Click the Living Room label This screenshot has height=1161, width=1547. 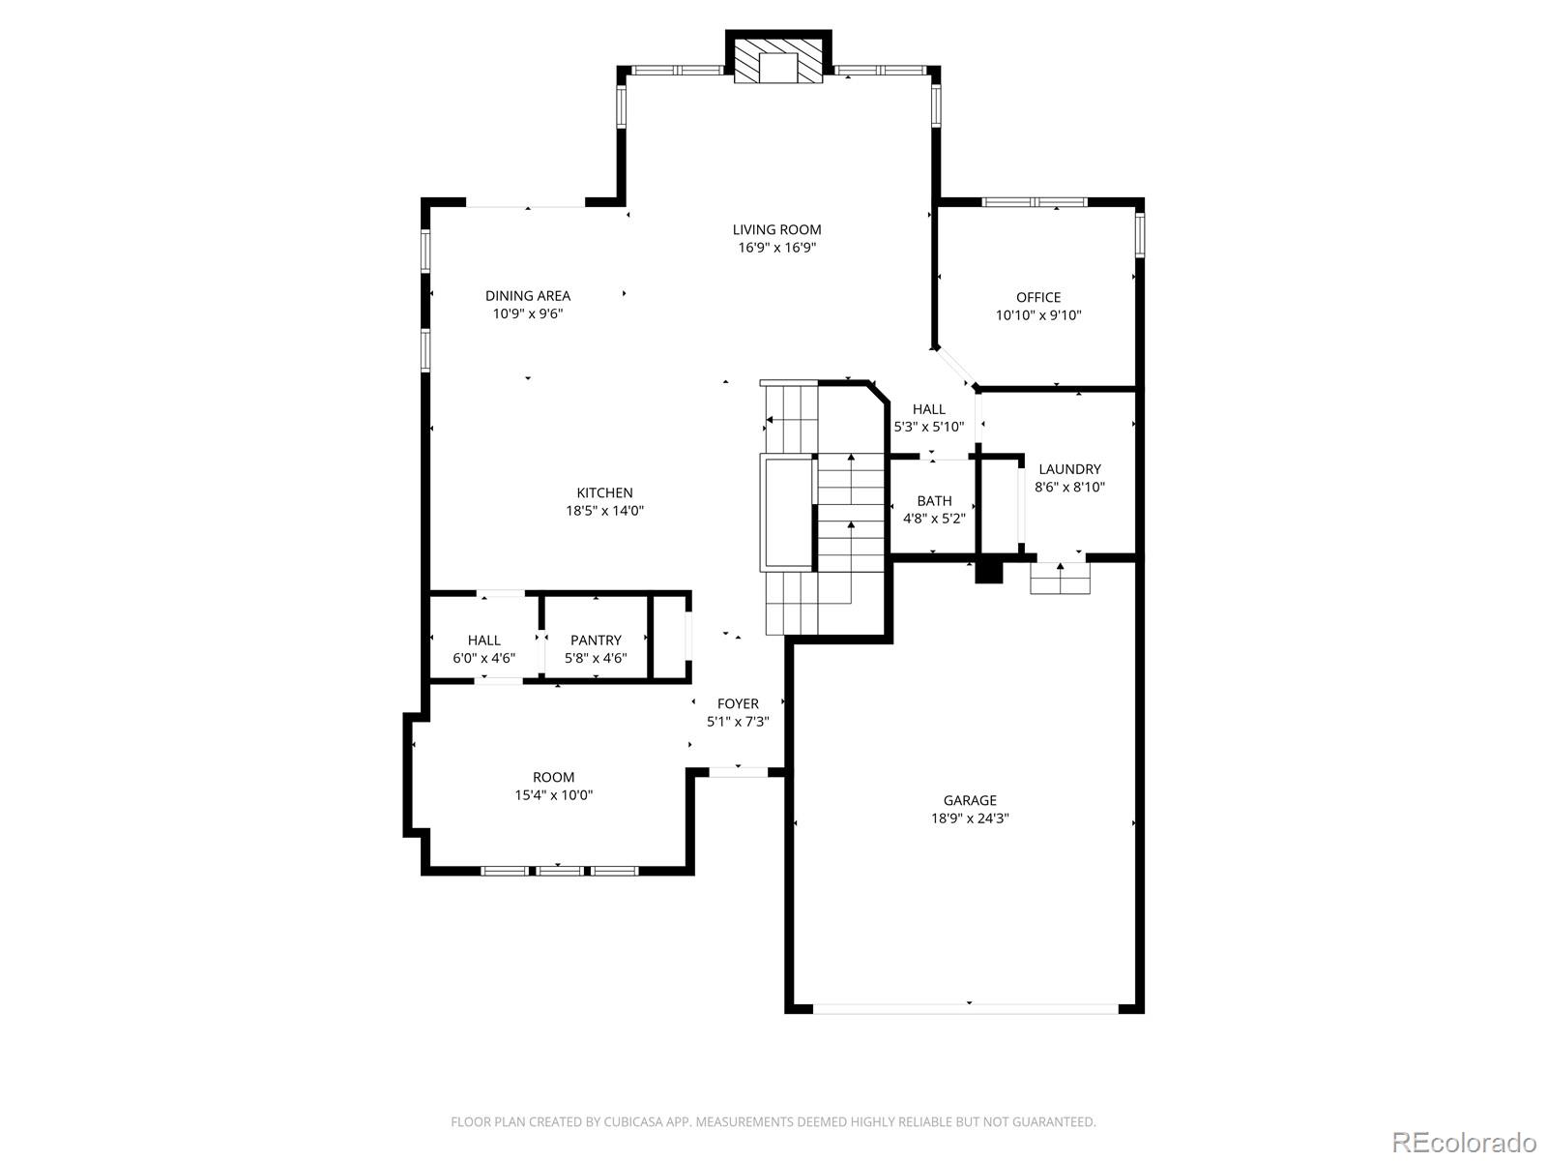point(776,229)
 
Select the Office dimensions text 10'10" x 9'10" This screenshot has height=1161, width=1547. point(1038,315)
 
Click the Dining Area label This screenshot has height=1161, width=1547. point(528,296)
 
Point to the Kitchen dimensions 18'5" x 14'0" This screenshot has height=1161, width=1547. point(605,511)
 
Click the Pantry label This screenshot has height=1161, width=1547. point(596,640)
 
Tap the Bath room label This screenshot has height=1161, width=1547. point(934,500)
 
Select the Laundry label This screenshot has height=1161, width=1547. point(1069,469)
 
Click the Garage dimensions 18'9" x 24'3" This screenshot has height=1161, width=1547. point(970,819)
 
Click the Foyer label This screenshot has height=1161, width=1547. point(738,703)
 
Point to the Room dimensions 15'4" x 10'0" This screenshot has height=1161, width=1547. point(553,795)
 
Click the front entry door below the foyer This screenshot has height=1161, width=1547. point(739,772)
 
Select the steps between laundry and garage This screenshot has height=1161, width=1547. point(1060,580)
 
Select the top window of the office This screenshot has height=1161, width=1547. point(1035,203)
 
